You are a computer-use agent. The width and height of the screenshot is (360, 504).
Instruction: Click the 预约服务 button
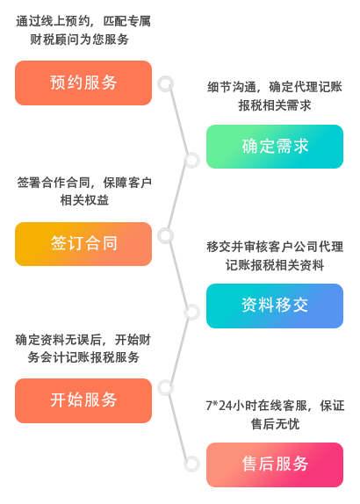click(83, 83)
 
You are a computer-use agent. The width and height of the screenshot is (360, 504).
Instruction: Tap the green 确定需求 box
click(275, 147)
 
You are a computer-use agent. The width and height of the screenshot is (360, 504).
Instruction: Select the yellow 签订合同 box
click(83, 244)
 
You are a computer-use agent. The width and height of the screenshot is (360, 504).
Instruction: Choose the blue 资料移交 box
click(275, 306)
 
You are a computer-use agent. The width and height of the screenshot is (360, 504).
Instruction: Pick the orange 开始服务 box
click(83, 400)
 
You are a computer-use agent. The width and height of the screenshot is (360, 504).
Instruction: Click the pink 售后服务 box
click(275, 464)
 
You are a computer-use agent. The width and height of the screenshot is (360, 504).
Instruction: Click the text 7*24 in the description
click(219, 406)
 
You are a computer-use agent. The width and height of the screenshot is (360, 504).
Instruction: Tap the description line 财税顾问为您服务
click(79, 40)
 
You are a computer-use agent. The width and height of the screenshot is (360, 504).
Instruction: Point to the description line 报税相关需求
click(275, 105)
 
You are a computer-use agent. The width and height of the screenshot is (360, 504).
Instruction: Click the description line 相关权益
click(84, 200)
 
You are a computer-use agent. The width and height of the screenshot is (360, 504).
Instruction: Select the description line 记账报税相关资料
click(275, 265)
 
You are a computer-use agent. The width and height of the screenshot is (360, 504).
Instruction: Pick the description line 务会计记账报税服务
click(83, 357)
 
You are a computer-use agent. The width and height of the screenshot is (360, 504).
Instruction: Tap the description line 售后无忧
click(275, 423)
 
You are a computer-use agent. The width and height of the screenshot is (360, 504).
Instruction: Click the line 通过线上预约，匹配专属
click(83, 21)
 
